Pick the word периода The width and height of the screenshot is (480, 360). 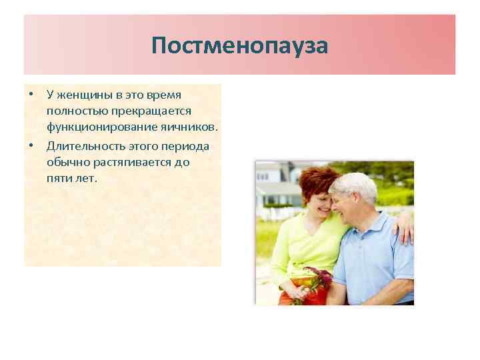(x=185, y=145)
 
